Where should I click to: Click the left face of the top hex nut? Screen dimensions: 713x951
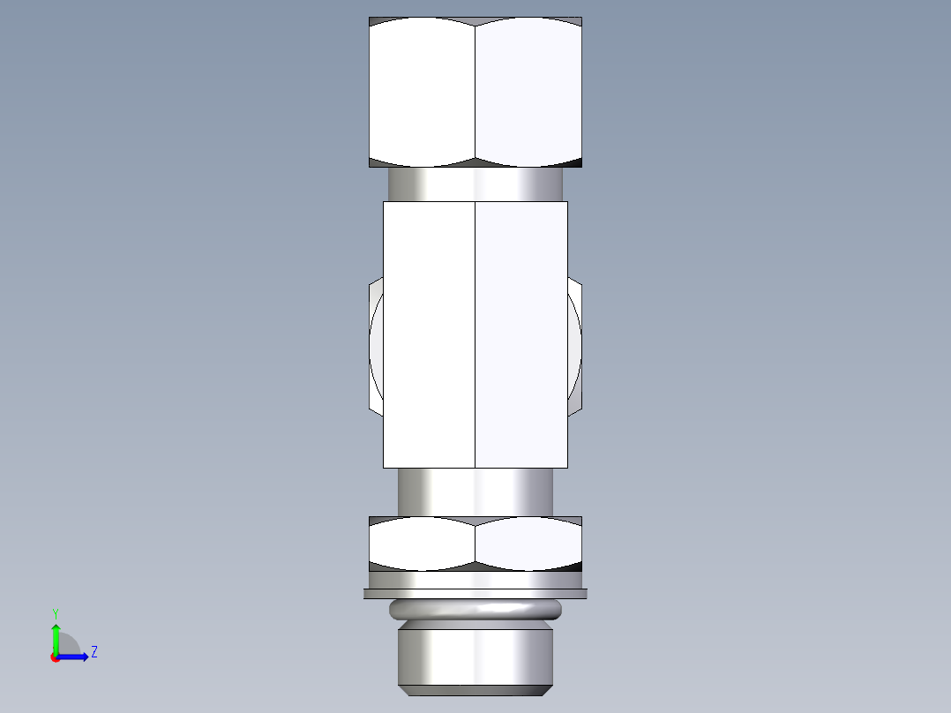pos(422,93)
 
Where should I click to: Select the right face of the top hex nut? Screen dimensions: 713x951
pos(528,93)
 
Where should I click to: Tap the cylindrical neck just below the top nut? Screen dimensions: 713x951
pos(475,184)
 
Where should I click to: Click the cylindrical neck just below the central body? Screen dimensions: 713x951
pos(475,492)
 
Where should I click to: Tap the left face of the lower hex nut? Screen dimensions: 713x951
pos(422,543)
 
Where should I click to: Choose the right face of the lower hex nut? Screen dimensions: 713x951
pos(528,543)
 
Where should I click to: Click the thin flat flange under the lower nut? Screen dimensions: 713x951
pos(475,594)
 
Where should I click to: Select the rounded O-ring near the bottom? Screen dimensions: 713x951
pos(475,609)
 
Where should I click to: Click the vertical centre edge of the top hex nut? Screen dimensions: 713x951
pos(475,93)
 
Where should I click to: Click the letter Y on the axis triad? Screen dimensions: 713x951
pos(56,612)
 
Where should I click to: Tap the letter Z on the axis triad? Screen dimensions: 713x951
pos(94,652)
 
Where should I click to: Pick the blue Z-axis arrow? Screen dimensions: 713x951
pos(75,657)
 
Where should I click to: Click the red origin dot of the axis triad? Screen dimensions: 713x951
pos(56,657)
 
